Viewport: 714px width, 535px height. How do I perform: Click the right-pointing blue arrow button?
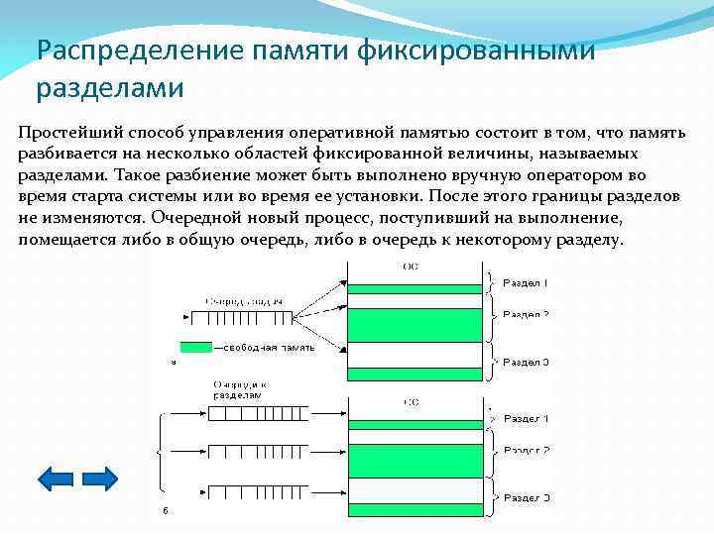(x=99, y=480)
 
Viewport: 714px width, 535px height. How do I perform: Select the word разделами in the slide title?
(x=110, y=88)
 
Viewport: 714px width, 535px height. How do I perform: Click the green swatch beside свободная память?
(x=195, y=348)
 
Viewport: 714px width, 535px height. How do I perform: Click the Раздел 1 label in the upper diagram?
(x=526, y=283)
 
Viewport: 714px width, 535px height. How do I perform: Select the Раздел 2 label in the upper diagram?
(x=526, y=315)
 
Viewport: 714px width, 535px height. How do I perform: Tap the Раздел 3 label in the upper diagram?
(x=526, y=362)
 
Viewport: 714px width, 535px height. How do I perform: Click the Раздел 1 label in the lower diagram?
(x=526, y=419)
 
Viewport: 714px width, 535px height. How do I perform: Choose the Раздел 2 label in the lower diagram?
(x=526, y=451)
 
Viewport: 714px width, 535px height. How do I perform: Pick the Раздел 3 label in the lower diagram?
(x=526, y=495)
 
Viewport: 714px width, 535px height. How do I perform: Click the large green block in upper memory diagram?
(x=416, y=324)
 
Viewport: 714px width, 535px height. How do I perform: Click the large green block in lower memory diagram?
(x=416, y=460)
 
